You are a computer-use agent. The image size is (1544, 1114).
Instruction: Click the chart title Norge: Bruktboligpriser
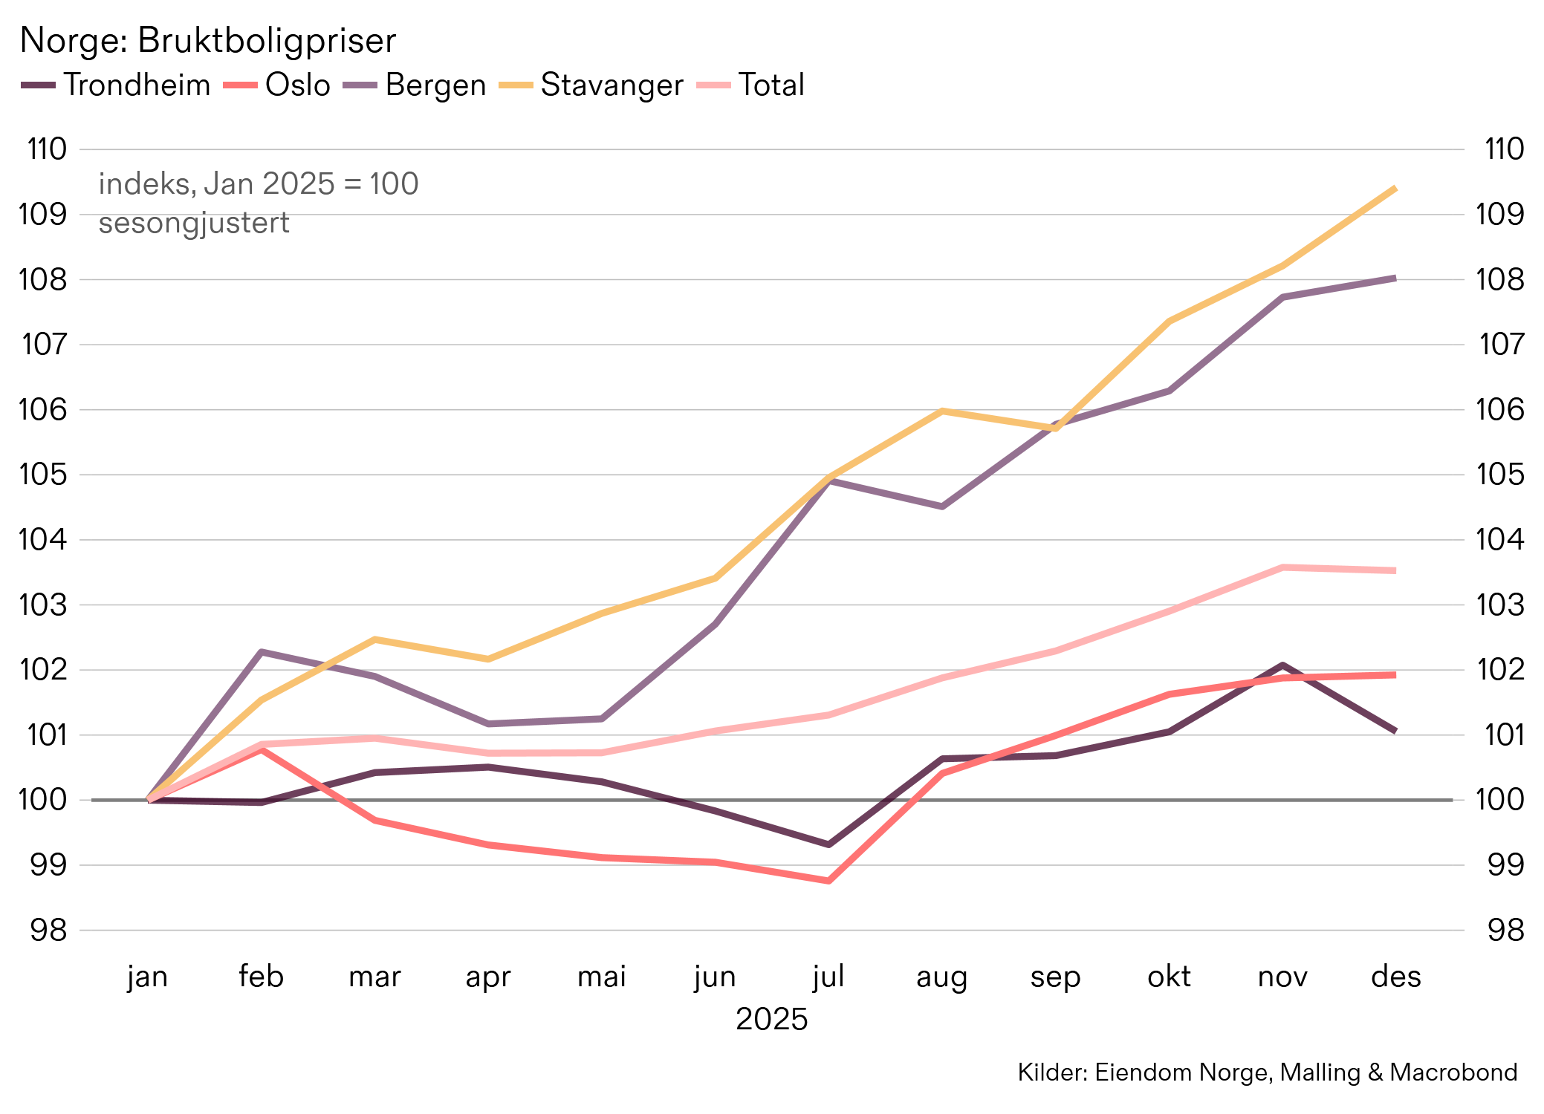(207, 41)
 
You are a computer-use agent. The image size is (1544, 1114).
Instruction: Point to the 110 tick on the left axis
(47, 149)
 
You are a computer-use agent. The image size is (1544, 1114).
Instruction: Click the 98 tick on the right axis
(1505, 930)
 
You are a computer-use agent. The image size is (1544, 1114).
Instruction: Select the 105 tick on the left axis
(42, 475)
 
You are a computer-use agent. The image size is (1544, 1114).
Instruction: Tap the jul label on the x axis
(828, 976)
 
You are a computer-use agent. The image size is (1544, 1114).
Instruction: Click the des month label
(1395, 976)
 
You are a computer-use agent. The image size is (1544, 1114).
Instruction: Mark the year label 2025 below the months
(771, 1019)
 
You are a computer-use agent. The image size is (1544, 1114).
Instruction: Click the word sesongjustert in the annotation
(194, 223)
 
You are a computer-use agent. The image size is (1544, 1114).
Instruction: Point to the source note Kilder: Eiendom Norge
(1267, 1072)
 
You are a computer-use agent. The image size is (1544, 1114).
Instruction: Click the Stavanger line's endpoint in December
(1395, 189)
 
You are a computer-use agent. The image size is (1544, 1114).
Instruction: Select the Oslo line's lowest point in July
(828, 881)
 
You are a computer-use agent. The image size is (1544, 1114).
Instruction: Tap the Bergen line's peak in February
(262, 652)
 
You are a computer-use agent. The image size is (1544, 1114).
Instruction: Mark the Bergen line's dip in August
(941, 506)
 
